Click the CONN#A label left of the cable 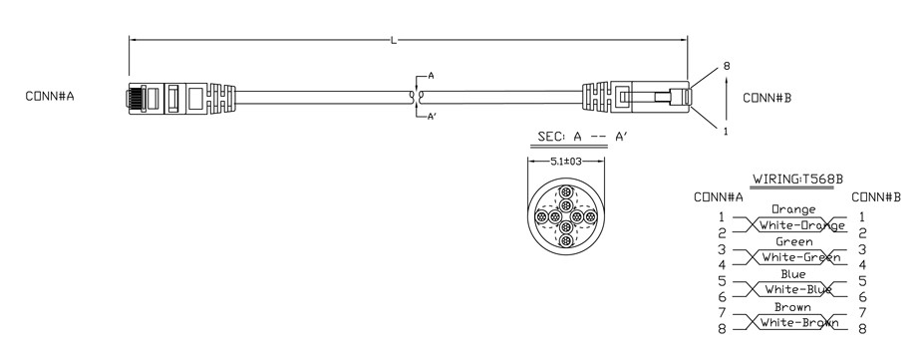(x=50, y=97)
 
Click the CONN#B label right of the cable (x=767, y=98)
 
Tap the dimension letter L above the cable (x=394, y=40)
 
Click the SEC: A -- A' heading (x=582, y=137)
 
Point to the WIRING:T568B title (x=793, y=180)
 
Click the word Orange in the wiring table (x=793, y=209)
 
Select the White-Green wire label (x=801, y=257)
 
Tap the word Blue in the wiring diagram (x=793, y=274)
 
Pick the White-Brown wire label (x=799, y=322)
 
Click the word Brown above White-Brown (x=792, y=307)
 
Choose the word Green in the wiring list (x=794, y=241)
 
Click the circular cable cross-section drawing (x=565, y=217)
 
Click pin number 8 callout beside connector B (x=727, y=66)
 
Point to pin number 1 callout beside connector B (x=726, y=132)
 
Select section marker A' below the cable (x=432, y=117)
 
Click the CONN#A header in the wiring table (x=719, y=197)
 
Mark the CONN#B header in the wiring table (x=876, y=197)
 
